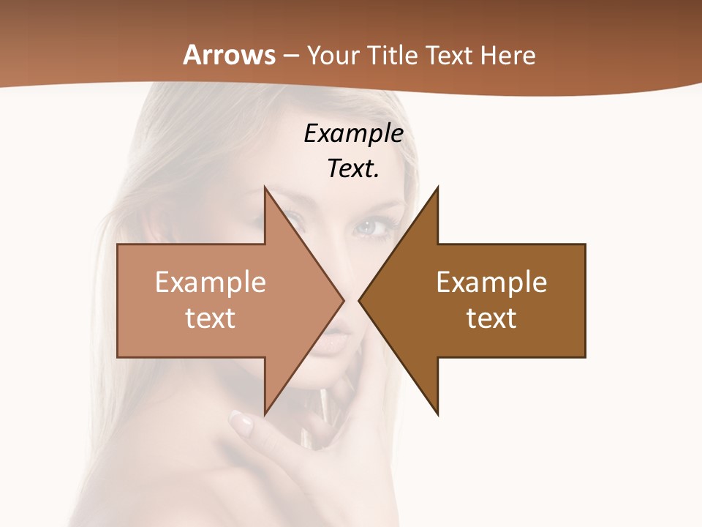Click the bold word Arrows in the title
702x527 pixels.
coord(229,56)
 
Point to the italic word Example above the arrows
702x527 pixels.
coord(353,134)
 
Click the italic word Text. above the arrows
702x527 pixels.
coord(353,168)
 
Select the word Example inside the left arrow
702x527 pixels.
coord(211,283)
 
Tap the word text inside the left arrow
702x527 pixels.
coord(211,318)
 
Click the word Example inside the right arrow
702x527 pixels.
coord(491,283)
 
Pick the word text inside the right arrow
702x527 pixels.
coord(491,318)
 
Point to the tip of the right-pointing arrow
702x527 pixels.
coord(343,300)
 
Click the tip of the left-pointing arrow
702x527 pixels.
coord(359,300)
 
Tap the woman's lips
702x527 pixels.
coord(331,341)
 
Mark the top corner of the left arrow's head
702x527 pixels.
coord(265,187)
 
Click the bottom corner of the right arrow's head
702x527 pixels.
coord(437,414)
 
